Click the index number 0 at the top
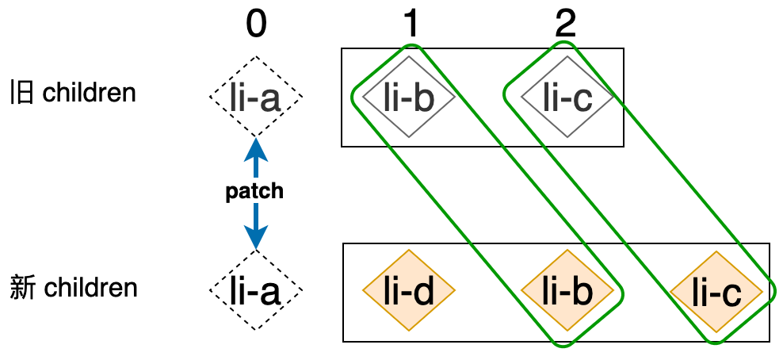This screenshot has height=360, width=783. tap(255, 26)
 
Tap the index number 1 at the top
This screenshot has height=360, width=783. tap(410, 26)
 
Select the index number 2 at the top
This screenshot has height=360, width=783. tap(565, 26)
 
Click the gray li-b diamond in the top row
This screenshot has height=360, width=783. tap(409, 96)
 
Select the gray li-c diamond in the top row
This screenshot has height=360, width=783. tap(567, 96)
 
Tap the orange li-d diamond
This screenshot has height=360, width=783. tap(409, 290)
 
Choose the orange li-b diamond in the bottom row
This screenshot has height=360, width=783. tap(567, 290)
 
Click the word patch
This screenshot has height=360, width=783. tap(255, 192)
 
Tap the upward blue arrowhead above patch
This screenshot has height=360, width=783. tap(255, 147)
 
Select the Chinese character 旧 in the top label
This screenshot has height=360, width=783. tap(22, 93)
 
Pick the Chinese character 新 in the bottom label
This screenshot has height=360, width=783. tap(22, 287)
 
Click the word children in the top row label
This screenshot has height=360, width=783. tap(90, 93)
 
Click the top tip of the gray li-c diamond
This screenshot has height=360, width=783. tap(567, 56)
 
